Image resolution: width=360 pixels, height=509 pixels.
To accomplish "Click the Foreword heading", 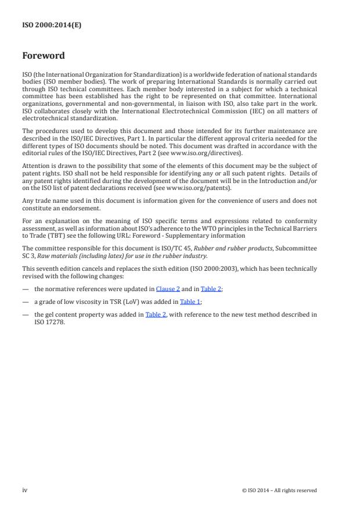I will coord(44,56).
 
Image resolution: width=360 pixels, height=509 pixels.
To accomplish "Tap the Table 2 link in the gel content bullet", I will coord(156,314).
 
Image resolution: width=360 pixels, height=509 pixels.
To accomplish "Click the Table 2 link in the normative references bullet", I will coord(211,289).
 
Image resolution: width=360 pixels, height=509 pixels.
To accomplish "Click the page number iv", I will coord(25,490).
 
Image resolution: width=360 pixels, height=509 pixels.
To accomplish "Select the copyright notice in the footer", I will coord(279,490).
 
